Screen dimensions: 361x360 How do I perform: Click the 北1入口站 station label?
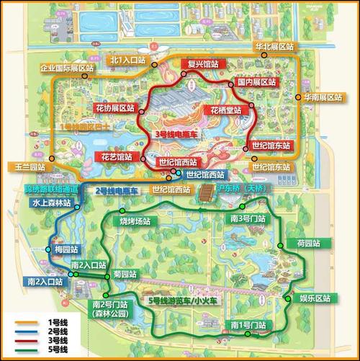tap(129, 60)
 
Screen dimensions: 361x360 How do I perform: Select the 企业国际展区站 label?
tap(67, 68)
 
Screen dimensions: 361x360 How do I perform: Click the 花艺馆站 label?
tap(114, 156)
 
